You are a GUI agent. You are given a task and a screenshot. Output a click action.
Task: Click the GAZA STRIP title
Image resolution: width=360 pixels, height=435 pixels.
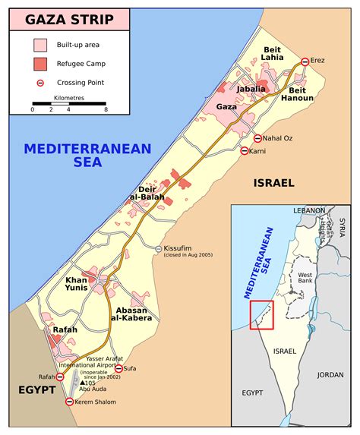69,20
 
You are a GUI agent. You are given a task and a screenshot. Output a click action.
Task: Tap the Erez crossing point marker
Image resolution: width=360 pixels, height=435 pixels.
305,61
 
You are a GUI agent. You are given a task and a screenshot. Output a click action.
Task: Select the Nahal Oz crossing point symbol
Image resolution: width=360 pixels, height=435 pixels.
257,139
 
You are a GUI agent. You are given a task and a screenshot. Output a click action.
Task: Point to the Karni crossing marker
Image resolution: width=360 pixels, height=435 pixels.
243,151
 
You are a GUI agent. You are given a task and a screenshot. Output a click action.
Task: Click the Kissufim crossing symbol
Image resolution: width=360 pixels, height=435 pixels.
158,249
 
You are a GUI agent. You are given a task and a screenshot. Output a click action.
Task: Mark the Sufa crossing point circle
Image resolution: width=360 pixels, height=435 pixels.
118,368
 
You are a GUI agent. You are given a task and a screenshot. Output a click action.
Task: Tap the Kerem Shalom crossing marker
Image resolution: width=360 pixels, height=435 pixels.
70,401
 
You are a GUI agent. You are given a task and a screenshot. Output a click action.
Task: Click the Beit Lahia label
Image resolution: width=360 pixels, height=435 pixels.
271,52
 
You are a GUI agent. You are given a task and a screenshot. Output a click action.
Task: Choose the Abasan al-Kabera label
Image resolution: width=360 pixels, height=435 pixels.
134,314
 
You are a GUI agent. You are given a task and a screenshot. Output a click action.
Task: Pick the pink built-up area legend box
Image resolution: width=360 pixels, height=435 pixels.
40,46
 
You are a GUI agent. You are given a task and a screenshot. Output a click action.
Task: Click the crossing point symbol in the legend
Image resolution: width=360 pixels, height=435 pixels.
40,82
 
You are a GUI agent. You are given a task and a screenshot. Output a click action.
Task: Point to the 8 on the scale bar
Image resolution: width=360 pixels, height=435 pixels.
106,110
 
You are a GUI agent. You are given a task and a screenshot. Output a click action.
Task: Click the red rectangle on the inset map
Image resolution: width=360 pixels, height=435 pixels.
261,315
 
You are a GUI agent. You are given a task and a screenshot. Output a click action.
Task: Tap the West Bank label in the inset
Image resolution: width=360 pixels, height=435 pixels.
305,278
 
